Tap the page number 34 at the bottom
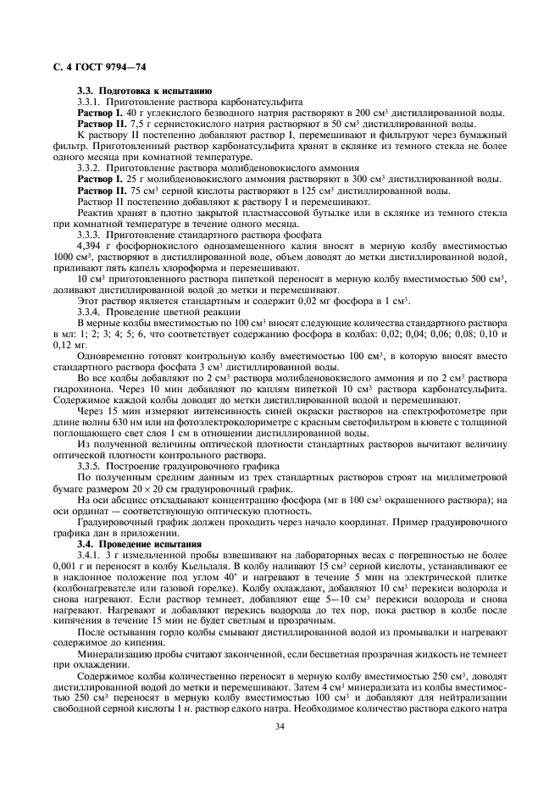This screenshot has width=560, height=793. tap(279, 749)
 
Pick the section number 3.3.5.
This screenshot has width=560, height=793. tap(90, 466)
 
